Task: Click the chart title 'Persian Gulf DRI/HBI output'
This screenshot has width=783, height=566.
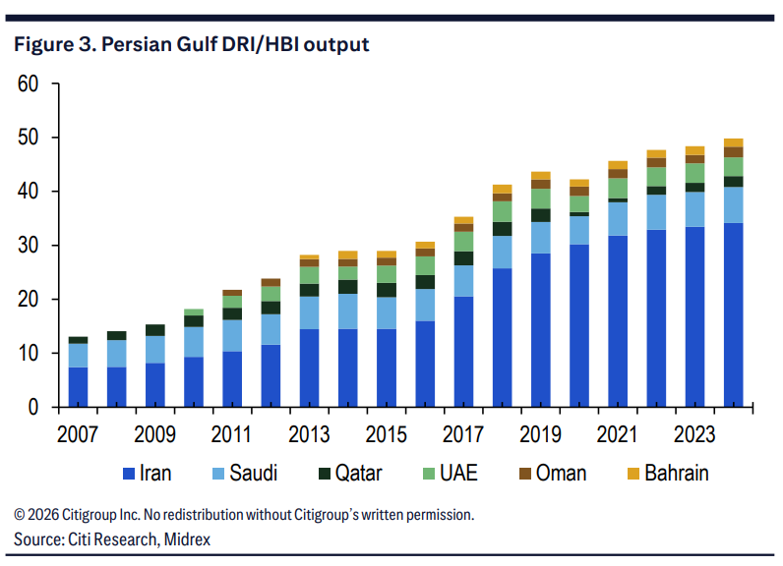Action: (191, 44)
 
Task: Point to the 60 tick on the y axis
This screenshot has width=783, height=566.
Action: (28, 85)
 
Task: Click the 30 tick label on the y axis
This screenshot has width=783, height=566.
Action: (28, 246)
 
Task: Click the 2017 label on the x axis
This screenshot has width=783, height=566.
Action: (464, 432)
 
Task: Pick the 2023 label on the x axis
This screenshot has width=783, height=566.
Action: (694, 432)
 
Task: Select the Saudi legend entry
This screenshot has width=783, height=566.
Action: (244, 474)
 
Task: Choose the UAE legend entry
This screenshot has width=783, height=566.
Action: (449, 474)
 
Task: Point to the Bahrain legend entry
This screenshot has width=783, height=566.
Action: (667, 474)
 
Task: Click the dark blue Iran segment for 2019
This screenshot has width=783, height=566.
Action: (541, 329)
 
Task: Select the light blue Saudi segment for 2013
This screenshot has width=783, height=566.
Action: (310, 312)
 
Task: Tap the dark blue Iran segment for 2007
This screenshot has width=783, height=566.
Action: (78, 386)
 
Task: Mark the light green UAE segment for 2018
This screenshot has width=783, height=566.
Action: (503, 211)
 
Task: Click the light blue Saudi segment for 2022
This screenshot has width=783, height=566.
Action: (656, 212)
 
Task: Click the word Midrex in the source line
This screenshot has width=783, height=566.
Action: (187, 539)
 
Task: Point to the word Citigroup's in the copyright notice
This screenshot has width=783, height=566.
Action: (325, 515)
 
